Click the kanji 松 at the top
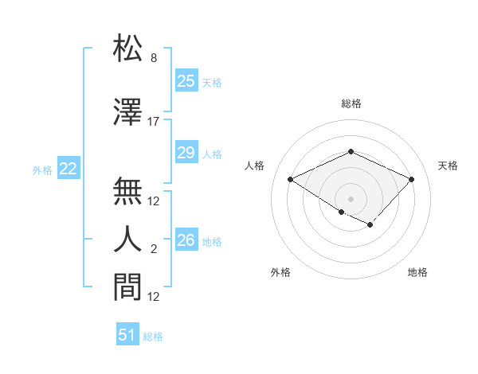pyautogui.click(x=128, y=49)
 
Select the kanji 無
pyautogui.click(x=128, y=191)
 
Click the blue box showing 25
pyautogui.click(x=186, y=81)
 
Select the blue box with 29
pyautogui.click(x=186, y=154)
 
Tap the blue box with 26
pyautogui.click(x=186, y=240)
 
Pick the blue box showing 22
pyautogui.click(x=68, y=169)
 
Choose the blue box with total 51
pyautogui.click(x=127, y=335)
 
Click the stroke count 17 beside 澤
pyautogui.click(x=154, y=122)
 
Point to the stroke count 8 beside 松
pyautogui.click(x=154, y=58)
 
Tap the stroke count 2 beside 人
pyautogui.click(x=154, y=249)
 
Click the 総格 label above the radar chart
pyautogui.click(x=351, y=103)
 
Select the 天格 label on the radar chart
pyautogui.click(x=448, y=166)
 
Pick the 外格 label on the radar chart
pyautogui.click(x=280, y=272)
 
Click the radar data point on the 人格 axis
pyautogui.click(x=291, y=180)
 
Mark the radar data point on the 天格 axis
pyautogui.click(x=411, y=179)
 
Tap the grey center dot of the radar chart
pyautogui.click(x=351, y=197)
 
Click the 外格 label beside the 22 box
pyautogui.click(x=42, y=169)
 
